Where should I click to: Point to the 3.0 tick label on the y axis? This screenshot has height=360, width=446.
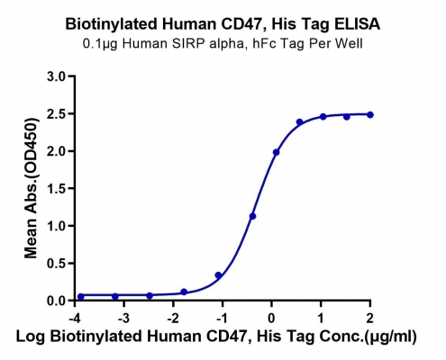coord(56,76)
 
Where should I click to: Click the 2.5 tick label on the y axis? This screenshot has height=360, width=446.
coord(56,114)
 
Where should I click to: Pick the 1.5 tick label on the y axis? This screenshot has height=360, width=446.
coord(56,189)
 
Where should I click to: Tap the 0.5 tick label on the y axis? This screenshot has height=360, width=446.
coord(56,264)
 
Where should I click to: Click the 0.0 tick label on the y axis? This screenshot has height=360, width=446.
coord(56,301)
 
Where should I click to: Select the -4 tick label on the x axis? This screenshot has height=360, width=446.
coord(75,318)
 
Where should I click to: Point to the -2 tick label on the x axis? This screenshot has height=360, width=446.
coord(173,318)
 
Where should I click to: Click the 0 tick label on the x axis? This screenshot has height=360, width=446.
coord(271,318)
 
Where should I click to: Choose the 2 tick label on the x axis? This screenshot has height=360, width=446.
coord(370,318)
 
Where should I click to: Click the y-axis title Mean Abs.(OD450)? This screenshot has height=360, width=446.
coord(32,188)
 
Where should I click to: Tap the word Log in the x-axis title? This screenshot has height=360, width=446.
coord(30,337)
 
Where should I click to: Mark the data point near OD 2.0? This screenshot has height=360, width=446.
coord(276,152)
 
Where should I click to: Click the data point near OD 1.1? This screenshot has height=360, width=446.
coord(252,216)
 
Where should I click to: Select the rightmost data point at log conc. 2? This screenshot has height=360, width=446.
coord(370,114)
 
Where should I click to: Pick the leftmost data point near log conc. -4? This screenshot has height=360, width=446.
coord(81,296)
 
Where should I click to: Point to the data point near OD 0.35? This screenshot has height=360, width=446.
coord(218,275)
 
